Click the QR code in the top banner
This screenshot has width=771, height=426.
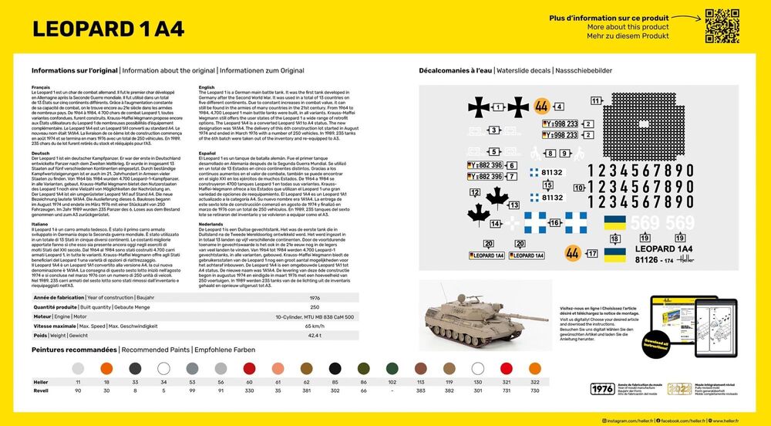click(x=716, y=22)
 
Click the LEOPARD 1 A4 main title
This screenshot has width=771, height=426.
click(x=109, y=29)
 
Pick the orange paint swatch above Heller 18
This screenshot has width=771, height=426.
click(x=106, y=369)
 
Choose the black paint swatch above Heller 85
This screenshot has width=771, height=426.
click(x=335, y=369)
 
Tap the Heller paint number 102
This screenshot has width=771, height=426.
click(x=392, y=382)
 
